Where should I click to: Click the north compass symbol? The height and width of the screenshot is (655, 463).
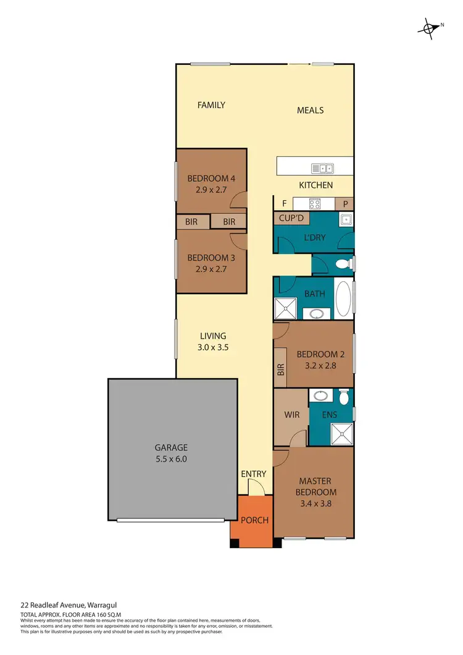[x=428, y=27]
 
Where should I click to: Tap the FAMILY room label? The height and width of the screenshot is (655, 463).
[x=211, y=105]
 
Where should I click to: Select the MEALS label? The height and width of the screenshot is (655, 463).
[x=311, y=110]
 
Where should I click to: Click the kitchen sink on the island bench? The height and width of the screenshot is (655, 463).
[x=322, y=168]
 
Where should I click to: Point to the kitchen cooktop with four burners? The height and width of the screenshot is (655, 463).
[x=315, y=204]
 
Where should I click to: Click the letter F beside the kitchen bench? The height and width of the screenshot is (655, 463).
[x=284, y=203]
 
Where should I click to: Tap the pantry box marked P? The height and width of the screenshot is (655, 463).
[x=344, y=204]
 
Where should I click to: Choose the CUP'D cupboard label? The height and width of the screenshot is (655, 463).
[x=291, y=218]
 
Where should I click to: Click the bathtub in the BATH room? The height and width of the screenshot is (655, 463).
[x=344, y=298]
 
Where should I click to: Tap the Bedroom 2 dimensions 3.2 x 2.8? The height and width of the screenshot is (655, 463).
[x=316, y=366]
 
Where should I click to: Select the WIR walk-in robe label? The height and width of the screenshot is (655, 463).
[x=292, y=415]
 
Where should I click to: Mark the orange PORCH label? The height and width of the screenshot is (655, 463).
[x=254, y=520]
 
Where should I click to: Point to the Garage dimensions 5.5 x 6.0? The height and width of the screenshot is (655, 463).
[x=172, y=459]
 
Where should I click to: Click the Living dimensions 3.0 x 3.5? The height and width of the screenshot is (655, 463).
[x=212, y=347]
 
